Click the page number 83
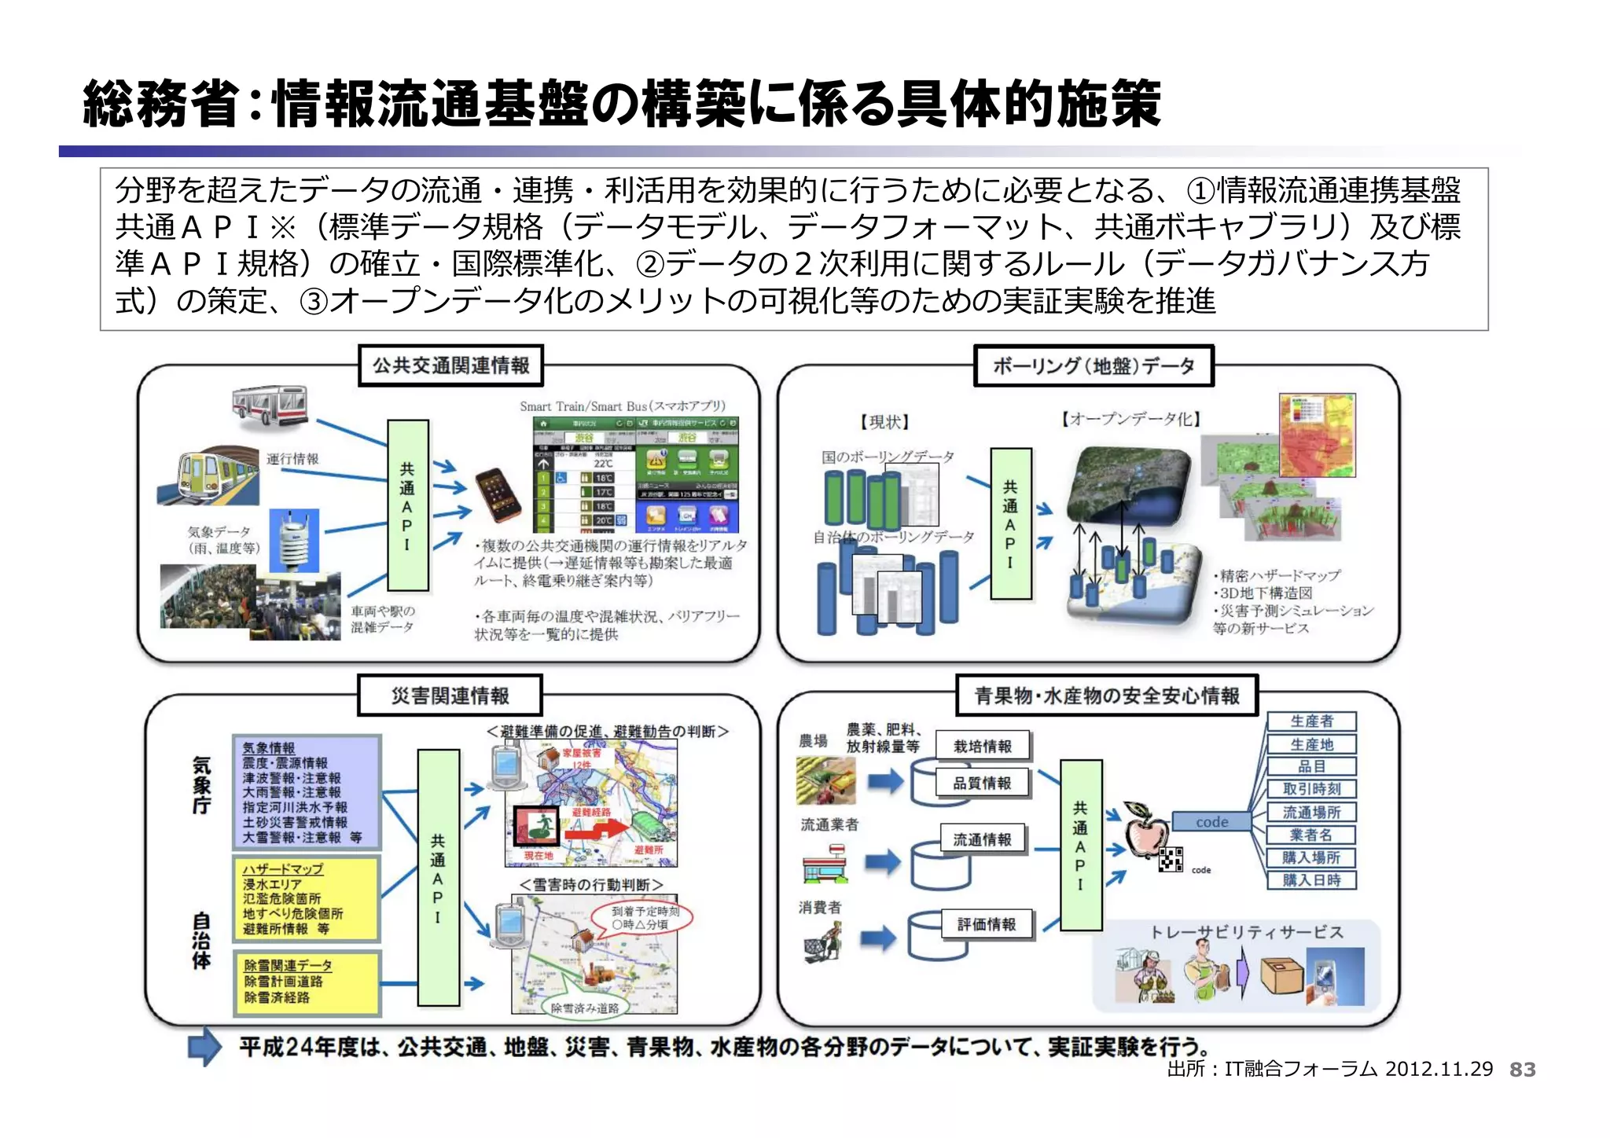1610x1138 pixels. [x=1522, y=1069]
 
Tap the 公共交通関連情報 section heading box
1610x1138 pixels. [x=450, y=365]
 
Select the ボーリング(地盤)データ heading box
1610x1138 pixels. [x=1093, y=365]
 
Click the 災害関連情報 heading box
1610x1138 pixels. [x=450, y=696]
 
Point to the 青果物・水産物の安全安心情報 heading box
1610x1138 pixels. [x=1106, y=696]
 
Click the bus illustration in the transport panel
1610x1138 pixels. [x=270, y=407]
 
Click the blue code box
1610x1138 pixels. [x=1211, y=822]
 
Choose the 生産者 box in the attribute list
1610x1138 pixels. [x=1311, y=721]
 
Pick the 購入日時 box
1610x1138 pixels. [x=1311, y=880]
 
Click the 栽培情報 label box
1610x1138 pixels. [x=982, y=746]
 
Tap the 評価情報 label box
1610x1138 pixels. [x=987, y=924]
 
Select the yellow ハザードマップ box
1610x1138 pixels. [x=307, y=898]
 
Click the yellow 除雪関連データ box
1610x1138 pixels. [x=307, y=982]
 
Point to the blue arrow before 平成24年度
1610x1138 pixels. [x=204, y=1046]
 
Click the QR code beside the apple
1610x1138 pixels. [x=1171, y=860]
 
